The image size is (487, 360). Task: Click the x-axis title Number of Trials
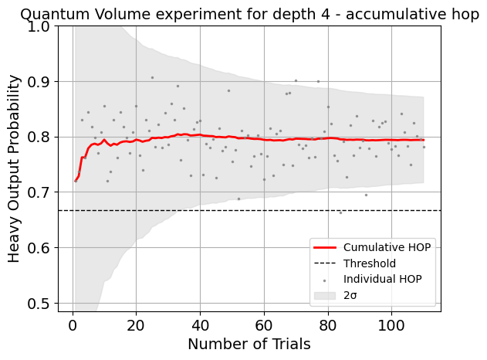click(x=249, y=345)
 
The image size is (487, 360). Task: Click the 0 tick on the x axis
click(x=72, y=323)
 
